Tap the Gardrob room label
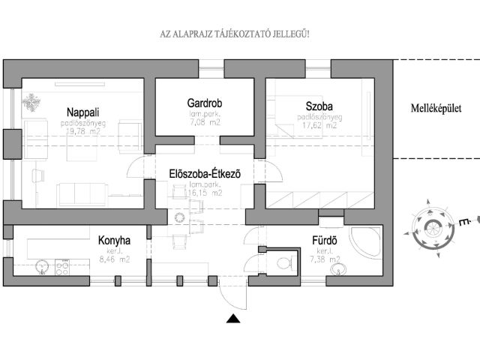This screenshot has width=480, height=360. click(x=205, y=103)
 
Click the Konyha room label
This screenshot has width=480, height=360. click(x=115, y=241)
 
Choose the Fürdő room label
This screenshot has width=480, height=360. click(x=328, y=241)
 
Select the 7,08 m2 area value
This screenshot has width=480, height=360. click(x=205, y=121)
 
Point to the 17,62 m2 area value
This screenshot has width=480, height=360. click(x=319, y=126)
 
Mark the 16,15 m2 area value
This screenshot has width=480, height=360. click(x=205, y=193)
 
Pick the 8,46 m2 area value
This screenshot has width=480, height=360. click(x=114, y=259)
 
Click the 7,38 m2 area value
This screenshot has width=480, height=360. click(x=328, y=259)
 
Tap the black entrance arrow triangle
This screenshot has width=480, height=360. click(x=234, y=319)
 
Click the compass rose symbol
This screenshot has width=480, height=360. click(x=433, y=227)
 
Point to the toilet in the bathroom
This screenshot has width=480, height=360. click(x=283, y=263)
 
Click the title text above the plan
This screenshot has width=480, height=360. click(x=235, y=34)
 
